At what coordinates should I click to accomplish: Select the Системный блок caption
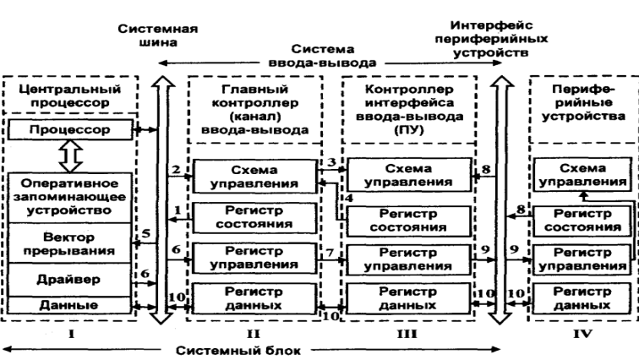click(245, 350)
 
